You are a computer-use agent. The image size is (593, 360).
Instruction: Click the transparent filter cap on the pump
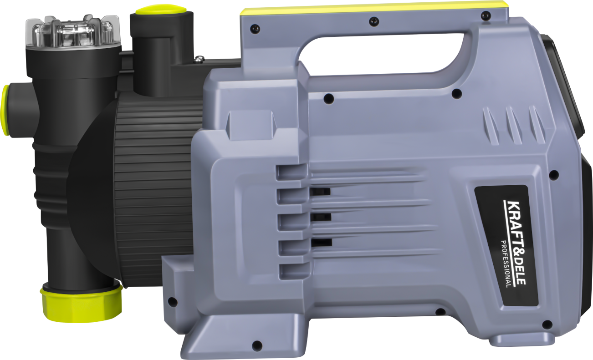pyautogui.click(x=72, y=32)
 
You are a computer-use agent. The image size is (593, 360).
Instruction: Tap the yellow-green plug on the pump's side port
pyautogui.click(x=5, y=110)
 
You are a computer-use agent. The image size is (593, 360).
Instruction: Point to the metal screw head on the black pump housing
pyautogui.click(x=199, y=59)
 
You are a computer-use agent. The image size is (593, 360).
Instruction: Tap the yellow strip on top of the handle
pyautogui.click(x=373, y=7)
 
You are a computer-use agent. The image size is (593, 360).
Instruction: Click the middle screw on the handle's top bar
pyautogui.click(x=374, y=20)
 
